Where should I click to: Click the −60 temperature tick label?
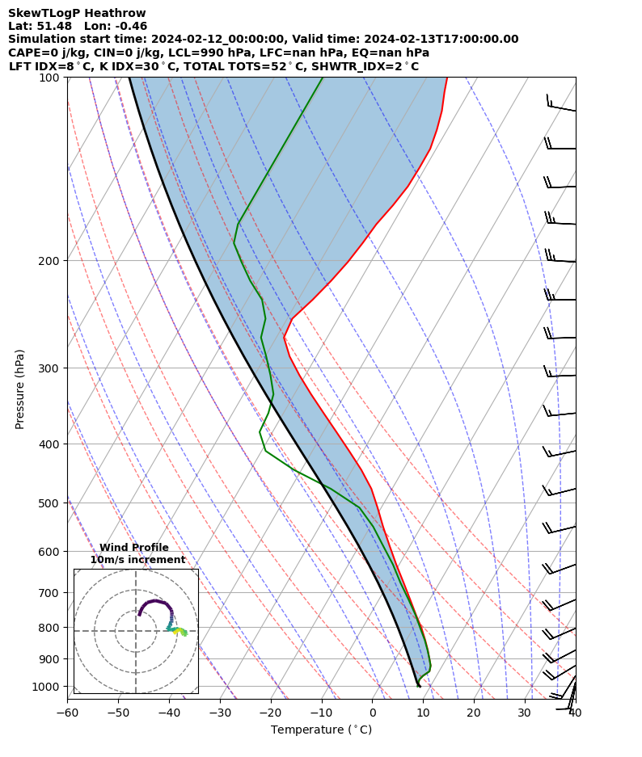(67, 713)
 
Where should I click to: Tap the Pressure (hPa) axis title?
(20, 389)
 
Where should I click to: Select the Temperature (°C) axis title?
(321, 730)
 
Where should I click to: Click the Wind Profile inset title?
(134, 548)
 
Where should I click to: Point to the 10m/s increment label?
(137, 560)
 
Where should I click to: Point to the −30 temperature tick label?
(220, 713)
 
